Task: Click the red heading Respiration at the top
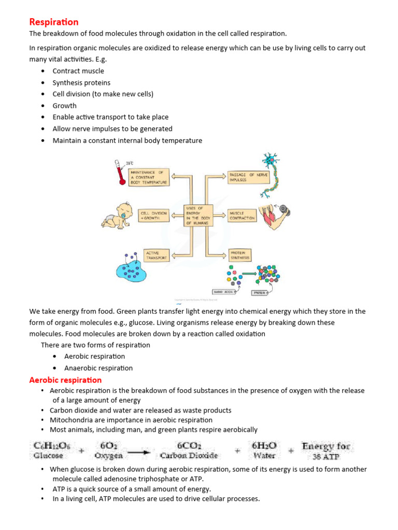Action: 54,22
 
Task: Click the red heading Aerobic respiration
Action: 65,380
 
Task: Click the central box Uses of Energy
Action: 198,214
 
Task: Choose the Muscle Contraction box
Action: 242,215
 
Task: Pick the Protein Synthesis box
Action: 241,255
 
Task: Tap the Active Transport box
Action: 156,255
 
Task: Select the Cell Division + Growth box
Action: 154,215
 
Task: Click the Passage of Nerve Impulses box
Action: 244,176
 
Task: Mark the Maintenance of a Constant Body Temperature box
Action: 149,176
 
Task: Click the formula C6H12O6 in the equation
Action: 49,445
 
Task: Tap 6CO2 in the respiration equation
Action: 189,445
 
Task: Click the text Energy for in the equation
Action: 326,446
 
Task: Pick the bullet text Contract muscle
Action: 78,71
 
